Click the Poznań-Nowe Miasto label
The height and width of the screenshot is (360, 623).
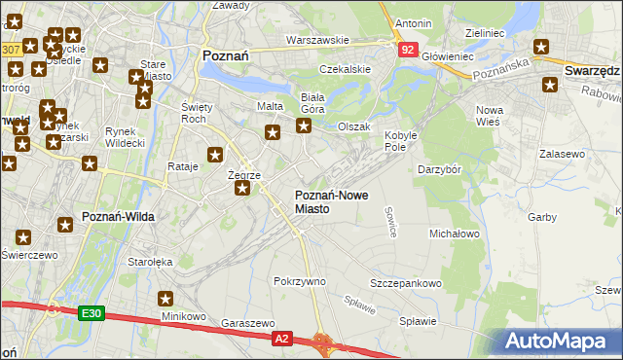click(x=331, y=201)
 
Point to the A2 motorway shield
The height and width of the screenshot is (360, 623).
click(x=281, y=338)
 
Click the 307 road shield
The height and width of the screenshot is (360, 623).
click(x=11, y=49)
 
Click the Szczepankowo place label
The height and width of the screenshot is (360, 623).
click(x=406, y=283)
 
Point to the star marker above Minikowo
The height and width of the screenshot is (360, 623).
click(x=165, y=299)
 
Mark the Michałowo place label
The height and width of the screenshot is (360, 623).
click(x=455, y=234)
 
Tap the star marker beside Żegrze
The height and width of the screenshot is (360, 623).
click(x=241, y=189)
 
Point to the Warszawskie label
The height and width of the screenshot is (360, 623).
click(x=316, y=41)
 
